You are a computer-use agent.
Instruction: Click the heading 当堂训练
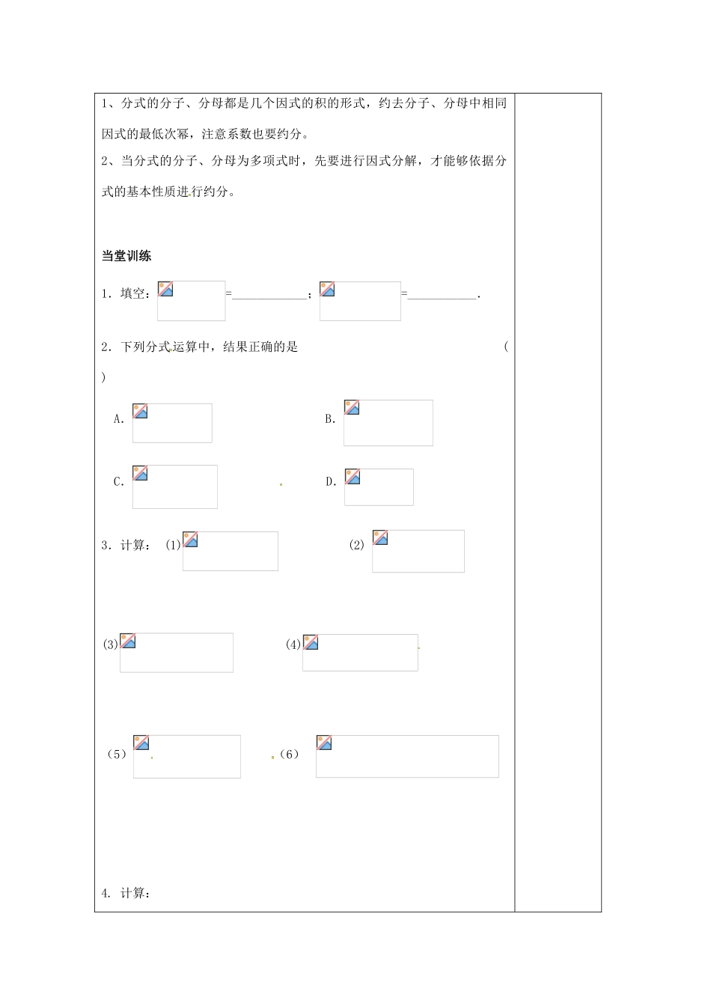coord(126,256)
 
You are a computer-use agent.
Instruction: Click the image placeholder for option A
coord(172,423)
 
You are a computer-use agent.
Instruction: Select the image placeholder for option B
coord(388,423)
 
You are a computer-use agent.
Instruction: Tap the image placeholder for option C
coord(174,487)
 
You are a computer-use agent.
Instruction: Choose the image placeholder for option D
coord(379,487)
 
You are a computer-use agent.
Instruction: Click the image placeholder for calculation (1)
coord(230,551)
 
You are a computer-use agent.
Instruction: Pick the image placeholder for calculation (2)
coord(418,551)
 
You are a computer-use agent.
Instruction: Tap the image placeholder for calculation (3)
coord(176,652)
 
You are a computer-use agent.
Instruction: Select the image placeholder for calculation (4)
coord(360,652)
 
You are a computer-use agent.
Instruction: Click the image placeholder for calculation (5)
coord(186,756)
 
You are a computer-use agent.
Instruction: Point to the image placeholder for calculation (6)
coord(407,756)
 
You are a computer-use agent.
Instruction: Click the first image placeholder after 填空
coord(191,301)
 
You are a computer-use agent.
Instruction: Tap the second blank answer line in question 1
coord(442,296)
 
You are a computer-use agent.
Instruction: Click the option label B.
coord(330,419)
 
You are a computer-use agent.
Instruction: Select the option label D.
coord(331,482)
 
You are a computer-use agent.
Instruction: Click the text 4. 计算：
coord(126,893)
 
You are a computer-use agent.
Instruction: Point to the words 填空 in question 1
coord(133,294)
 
